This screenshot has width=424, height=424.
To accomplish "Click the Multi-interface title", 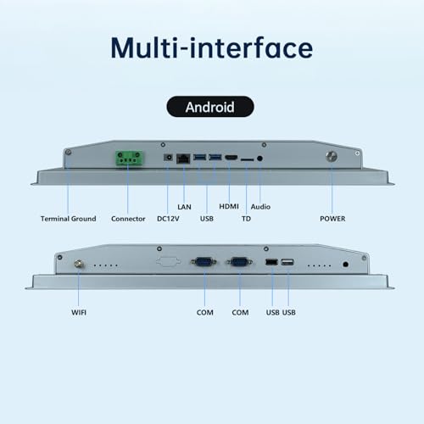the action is click(212, 47).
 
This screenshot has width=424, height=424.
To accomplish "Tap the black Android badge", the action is click(210, 107).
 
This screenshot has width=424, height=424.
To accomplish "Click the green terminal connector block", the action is click(129, 159).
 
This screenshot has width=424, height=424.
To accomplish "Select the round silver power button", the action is click(332, 156).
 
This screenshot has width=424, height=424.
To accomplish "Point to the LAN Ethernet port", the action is click(183, 159).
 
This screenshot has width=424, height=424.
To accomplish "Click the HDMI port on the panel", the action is click(232, 158).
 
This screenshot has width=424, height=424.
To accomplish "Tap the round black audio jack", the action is click(259, 159).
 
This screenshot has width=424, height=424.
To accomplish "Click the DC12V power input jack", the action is click(168, 157).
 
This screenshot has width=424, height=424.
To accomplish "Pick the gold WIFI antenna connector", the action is click(78, 265).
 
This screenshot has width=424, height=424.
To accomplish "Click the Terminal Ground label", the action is click(69, 219).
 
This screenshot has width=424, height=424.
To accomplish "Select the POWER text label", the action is click(332, 219).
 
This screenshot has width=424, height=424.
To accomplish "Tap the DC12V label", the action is click(168, 219).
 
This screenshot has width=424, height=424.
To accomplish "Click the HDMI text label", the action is click(229, 207).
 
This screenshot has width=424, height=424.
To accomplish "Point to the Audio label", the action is click(260, 207).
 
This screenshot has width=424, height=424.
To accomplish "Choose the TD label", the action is click(246, 219).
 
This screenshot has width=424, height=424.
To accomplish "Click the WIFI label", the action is click(79, 312).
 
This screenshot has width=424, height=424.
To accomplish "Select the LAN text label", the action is click(184, 207).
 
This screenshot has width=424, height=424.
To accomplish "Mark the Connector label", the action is click(128, 219).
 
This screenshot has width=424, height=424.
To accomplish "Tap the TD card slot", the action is click(247, 159).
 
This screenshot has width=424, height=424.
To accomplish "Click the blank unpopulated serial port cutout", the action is click(169, 261).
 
